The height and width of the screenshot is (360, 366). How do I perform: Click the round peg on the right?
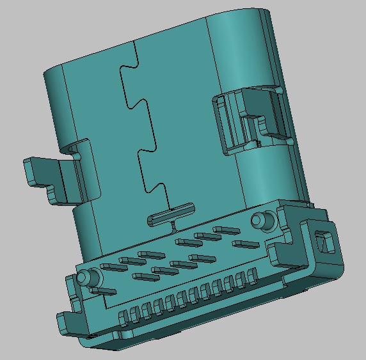point(259,220)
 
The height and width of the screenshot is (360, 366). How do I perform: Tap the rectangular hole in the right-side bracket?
point(324,242)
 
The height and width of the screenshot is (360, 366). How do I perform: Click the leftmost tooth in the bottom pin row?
point(123,315)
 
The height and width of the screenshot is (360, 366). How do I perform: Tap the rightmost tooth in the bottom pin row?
point(251,276)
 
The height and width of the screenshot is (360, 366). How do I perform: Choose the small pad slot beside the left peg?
point(102,291)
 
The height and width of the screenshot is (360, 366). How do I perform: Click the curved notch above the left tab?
point(76,151)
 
